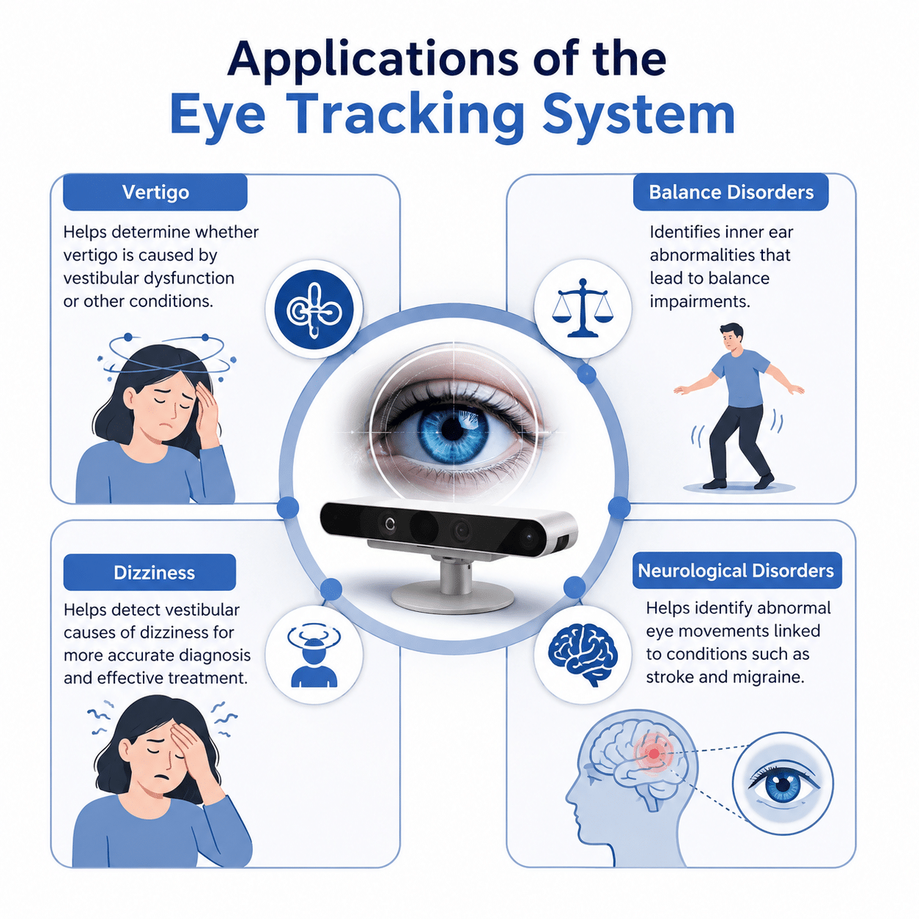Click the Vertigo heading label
tap(155, 192)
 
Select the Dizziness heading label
tap(150, 572)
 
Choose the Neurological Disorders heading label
tap(737, 570)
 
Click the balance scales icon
tap(583, 308)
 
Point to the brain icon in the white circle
tap(583, 654)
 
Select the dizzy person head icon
tap(314, 655)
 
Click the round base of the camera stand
tap(453, 597)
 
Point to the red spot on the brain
tap(654, 754)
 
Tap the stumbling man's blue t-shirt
tap(741, 378)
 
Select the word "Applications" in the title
tap(372, 59)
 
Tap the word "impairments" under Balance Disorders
tap(700, 301)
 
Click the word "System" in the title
tap(638, 115)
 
